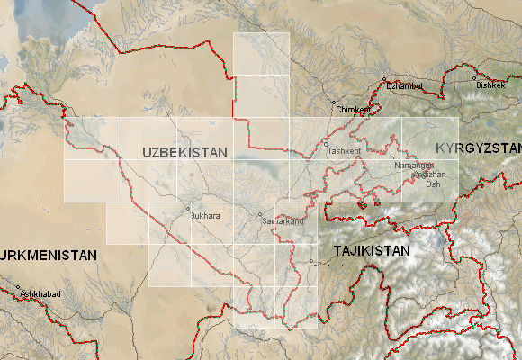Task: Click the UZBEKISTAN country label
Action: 184,153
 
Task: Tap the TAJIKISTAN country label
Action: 372,251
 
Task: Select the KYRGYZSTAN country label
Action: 479,148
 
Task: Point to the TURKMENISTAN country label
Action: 47,256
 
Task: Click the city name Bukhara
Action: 205,216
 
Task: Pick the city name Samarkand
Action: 282,220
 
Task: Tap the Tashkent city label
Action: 345,151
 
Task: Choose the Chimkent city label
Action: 352,109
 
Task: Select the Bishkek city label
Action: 492,85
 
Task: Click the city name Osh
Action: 434,184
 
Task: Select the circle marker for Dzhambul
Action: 385,79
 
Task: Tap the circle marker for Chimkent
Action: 334,103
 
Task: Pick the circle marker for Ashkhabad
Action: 19,289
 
